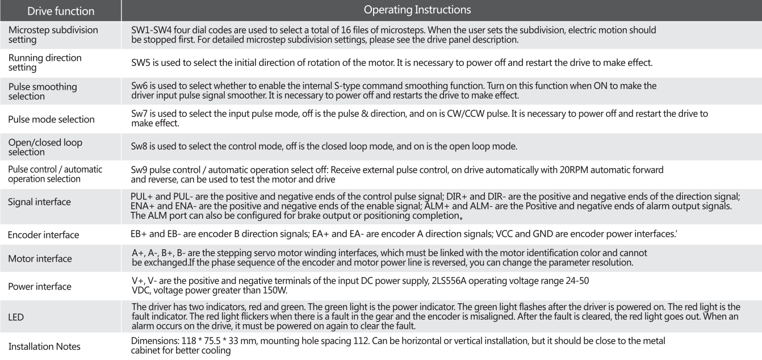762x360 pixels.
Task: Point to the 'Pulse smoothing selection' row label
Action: tap(43, 91)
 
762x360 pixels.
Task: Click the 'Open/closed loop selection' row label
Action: tap(45, 147)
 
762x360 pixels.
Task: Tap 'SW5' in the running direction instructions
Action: tap(140, 62)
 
